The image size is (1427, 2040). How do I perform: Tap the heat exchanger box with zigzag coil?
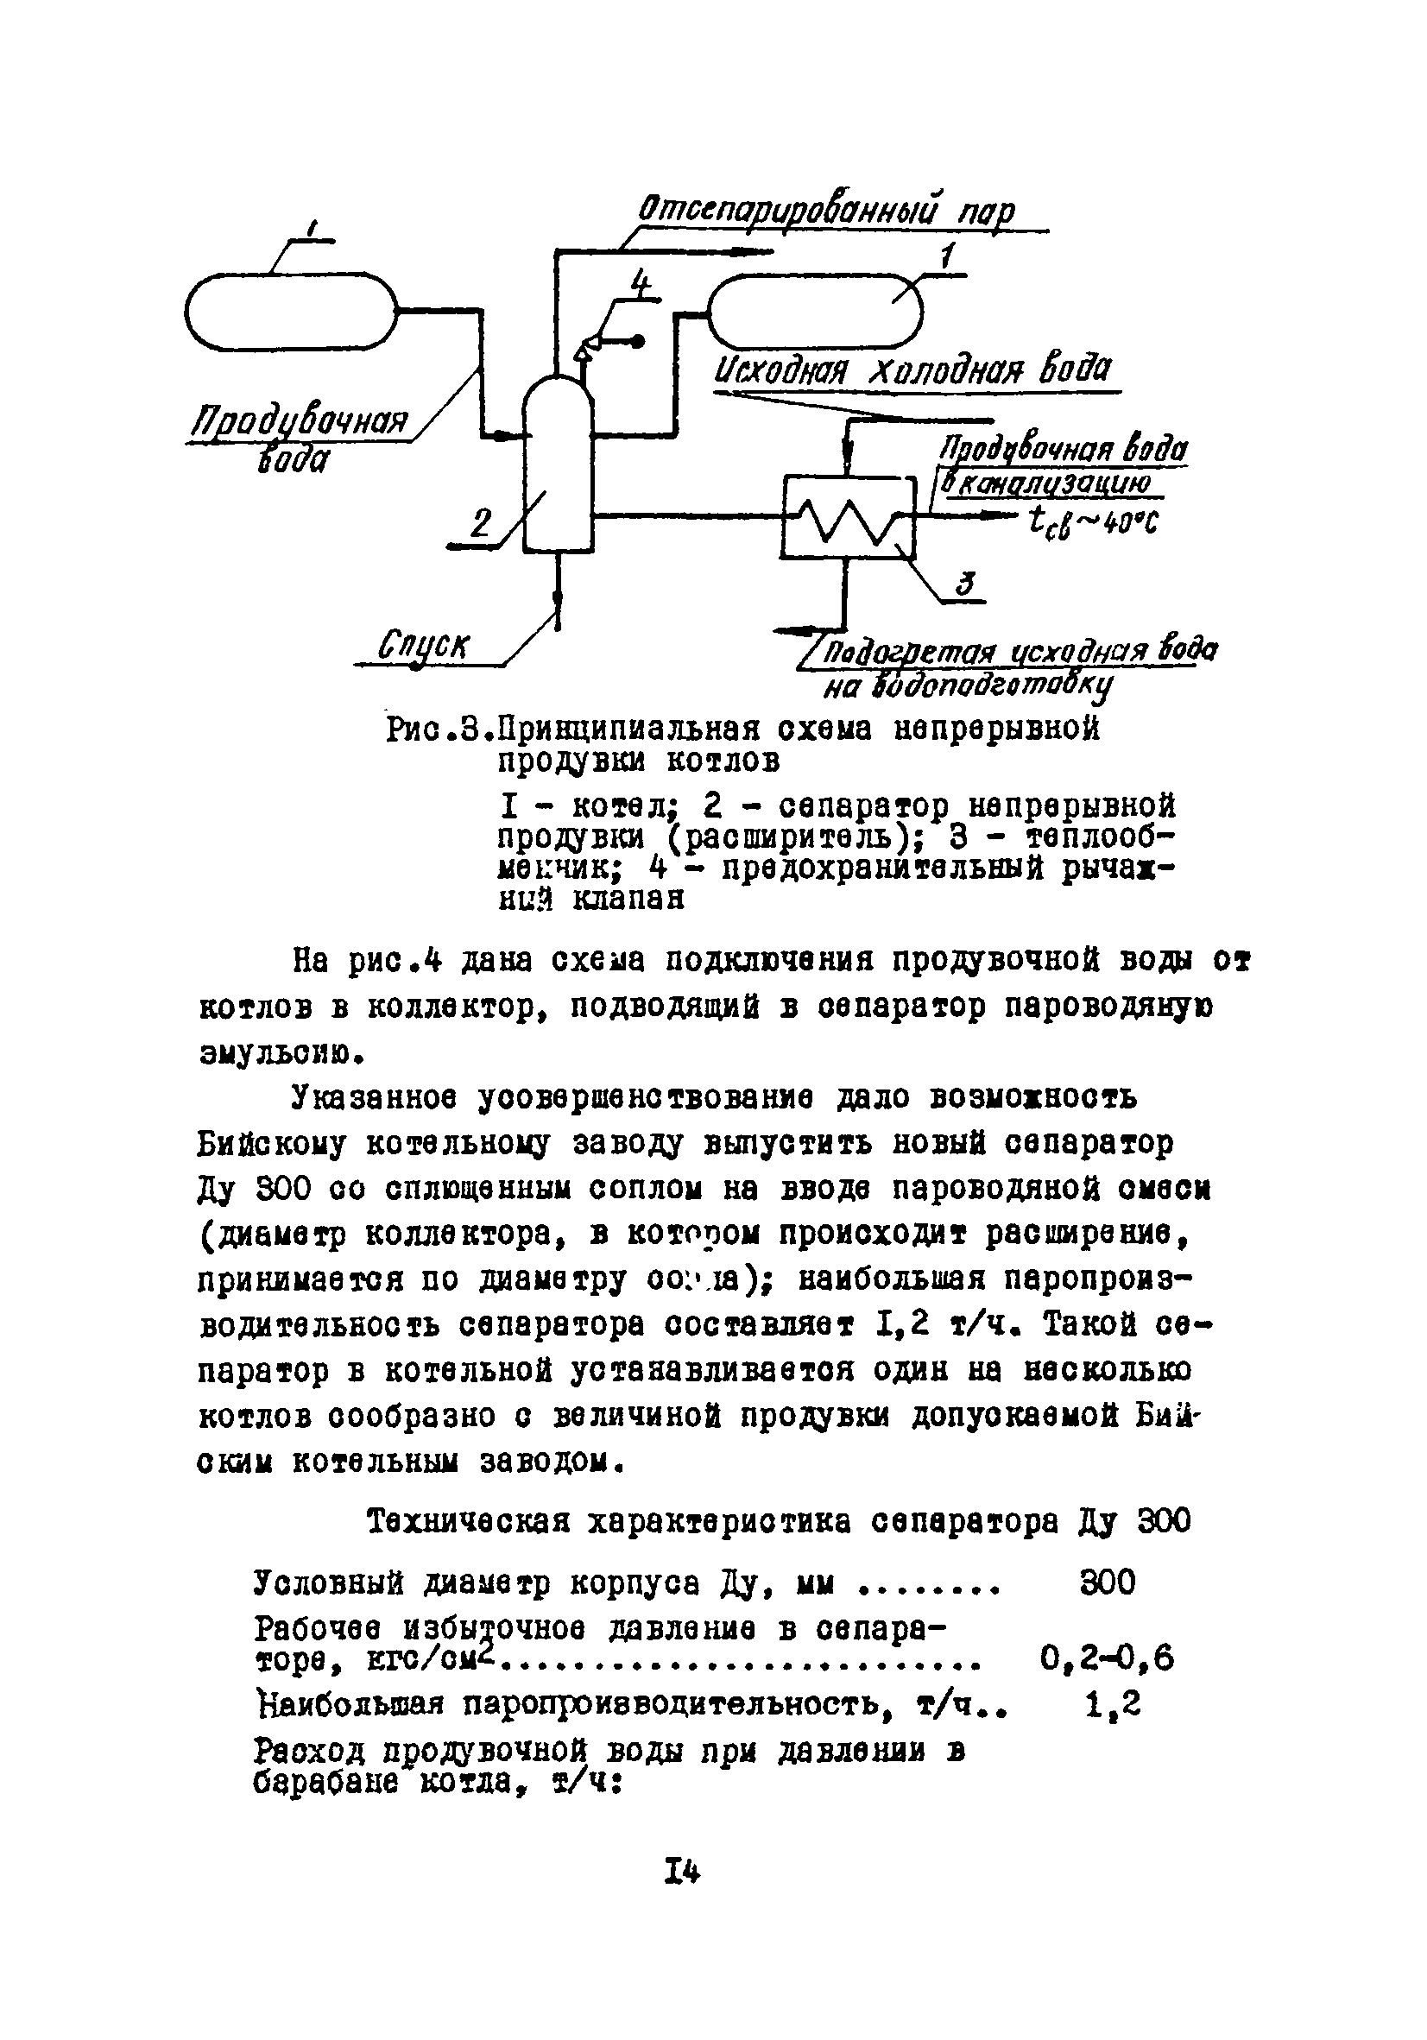(848, 517)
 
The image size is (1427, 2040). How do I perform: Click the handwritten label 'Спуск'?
(423, 646)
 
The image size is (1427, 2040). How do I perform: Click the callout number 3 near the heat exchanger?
(965, 584)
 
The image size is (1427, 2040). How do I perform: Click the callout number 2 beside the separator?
(480, 523)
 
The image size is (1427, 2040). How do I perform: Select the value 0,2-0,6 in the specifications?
(1106, 1657)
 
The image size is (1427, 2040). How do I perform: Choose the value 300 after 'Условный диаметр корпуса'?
(1107, 1582)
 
